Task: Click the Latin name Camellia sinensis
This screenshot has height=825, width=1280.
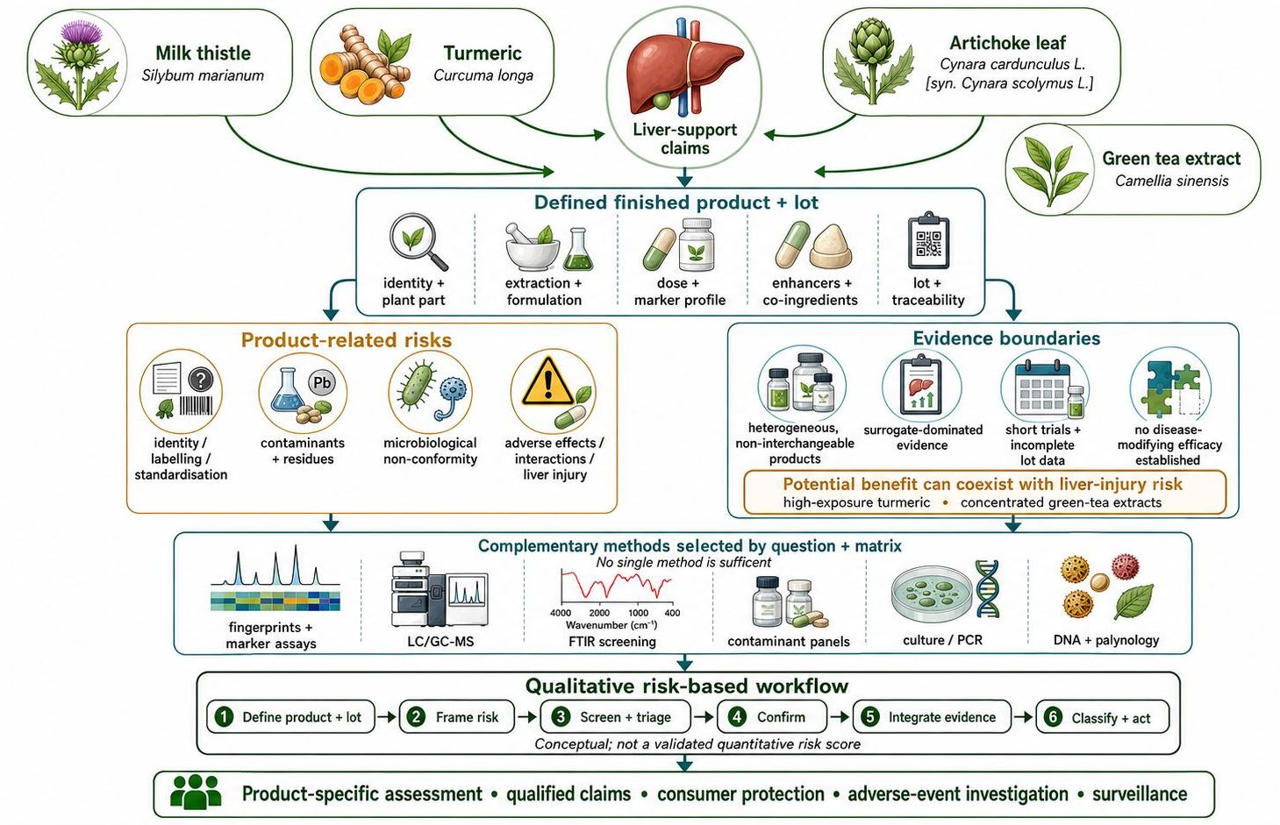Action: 1171,181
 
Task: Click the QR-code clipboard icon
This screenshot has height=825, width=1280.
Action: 928,240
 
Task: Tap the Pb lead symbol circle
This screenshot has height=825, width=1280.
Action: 322,382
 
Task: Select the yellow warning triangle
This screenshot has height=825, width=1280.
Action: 547,381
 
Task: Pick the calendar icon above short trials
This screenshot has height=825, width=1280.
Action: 1042,389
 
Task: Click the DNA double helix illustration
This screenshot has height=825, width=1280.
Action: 987,588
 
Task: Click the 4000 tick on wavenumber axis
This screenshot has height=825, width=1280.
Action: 561,613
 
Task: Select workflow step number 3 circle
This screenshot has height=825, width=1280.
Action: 561,716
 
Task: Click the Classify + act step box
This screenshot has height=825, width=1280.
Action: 1102,717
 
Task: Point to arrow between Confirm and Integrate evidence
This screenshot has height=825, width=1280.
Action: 839,717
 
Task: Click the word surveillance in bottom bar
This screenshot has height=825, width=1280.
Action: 1140,794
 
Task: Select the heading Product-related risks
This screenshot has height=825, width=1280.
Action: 347,340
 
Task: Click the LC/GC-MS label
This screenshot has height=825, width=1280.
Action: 440,641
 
